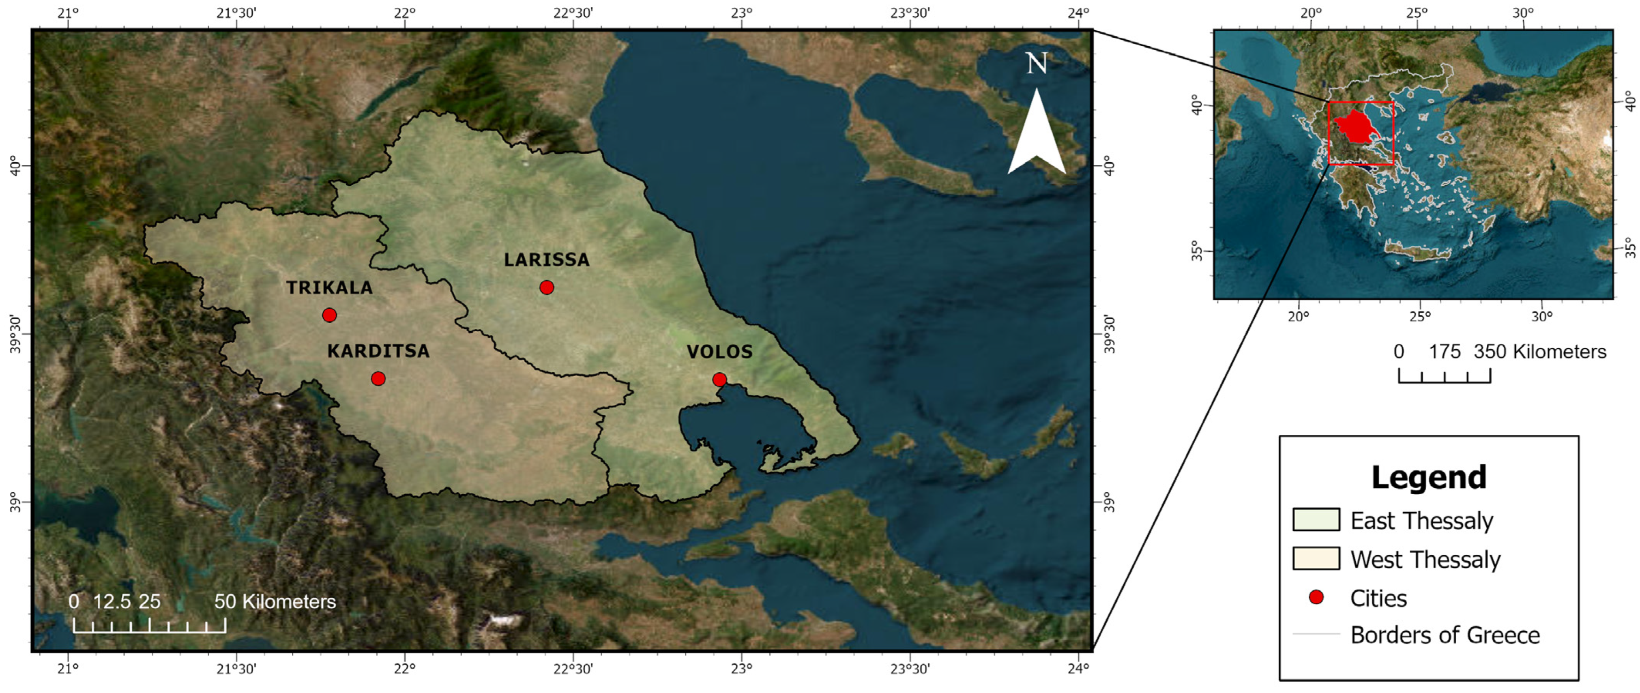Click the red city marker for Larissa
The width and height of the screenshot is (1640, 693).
click(546, 287)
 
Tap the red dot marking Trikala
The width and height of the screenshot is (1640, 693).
click(329, 315)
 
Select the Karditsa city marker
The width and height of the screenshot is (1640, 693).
click(378, 379)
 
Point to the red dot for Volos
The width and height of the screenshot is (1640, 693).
click(719, 380)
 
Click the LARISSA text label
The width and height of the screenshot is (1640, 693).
click(546, 260)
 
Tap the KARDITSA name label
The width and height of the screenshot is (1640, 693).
click(378, 351)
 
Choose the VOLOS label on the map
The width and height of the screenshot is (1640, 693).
click(719, 352)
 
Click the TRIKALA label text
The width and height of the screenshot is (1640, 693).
click(329, 287)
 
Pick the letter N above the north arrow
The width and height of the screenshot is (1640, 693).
click(1037, 64)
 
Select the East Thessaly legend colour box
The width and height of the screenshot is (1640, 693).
click(1316, 519)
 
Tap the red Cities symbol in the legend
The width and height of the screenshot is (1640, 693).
click(1316, 597)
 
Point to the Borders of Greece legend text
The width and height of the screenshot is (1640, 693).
click(1445, 635)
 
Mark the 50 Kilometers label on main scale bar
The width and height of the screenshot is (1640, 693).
click(275, 601)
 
